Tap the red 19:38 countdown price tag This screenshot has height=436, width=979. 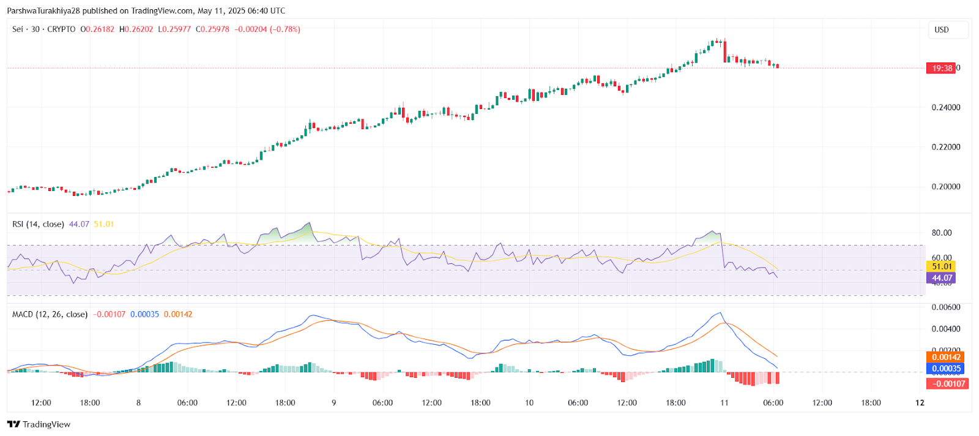point(941,68)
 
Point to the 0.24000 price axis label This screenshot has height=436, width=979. point(945,108)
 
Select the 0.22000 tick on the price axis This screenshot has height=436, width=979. point(945,147)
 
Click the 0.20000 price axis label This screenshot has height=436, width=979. point(945,187)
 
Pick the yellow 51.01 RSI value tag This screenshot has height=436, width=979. point(942,266)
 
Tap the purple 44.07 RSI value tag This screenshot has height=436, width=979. point(942,278)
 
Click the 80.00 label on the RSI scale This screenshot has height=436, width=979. point(942,233)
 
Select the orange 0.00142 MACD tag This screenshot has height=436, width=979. point(947,357)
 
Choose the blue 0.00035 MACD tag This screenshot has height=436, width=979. point(947,369)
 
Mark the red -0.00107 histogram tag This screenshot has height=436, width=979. point(948,384)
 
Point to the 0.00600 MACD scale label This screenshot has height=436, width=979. point(945,307)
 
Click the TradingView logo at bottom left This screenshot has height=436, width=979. point(39,424)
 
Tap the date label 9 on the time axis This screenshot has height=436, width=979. point(333,403)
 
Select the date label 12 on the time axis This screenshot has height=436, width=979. point(920,403)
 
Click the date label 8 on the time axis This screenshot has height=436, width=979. point(138,403)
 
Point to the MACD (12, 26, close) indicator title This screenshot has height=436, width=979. point(50,314)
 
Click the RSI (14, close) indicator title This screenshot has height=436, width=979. point(38,224)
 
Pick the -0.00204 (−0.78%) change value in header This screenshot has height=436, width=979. point(267,29)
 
